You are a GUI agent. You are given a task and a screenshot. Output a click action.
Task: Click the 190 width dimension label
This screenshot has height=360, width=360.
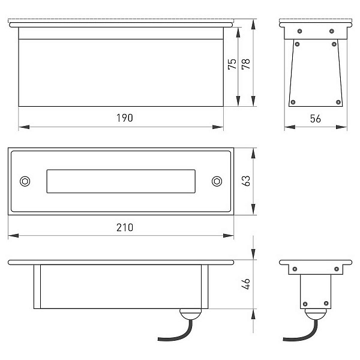(125, 118)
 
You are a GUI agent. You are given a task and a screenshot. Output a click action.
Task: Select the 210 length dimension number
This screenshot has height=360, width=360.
(125, 227)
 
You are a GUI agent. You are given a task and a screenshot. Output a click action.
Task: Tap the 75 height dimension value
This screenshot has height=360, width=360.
(232, 64)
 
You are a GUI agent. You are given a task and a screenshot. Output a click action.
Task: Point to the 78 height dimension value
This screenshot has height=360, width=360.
(246, 64)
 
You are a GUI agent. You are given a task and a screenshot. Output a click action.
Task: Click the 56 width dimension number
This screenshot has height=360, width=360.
(316, 119)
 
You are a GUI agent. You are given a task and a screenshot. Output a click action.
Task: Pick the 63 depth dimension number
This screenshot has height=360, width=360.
(246, 181)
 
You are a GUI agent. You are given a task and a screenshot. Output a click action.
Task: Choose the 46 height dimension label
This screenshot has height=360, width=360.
(246, 284)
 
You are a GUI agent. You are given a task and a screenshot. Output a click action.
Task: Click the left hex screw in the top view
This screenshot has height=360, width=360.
(25, 181)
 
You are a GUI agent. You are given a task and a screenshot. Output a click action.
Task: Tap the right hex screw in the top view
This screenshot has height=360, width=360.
(217, 181)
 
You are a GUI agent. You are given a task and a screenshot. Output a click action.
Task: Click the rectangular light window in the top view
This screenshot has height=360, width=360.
(121, 181)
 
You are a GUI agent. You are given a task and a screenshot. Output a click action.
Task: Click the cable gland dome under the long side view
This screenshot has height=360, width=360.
(190, 314)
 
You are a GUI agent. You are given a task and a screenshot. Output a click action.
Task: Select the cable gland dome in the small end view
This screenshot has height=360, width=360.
(316, 314)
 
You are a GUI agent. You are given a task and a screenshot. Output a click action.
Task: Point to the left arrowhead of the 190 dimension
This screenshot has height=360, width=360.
(24, 127)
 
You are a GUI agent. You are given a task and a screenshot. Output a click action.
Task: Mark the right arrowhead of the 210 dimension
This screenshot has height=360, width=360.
(229, 236)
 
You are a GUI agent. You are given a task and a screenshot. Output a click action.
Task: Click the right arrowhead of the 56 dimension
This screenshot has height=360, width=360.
(341, 127)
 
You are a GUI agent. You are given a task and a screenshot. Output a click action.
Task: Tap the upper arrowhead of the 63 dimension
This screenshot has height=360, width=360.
(253, 154)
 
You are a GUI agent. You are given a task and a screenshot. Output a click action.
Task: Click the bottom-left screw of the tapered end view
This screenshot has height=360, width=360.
(293, 102)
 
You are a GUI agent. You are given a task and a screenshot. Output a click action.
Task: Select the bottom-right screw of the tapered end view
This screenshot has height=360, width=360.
(338, 102)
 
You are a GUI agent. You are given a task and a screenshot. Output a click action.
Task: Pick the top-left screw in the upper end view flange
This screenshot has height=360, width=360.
(299, 31)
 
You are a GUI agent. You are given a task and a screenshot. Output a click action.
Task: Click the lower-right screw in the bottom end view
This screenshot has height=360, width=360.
(326, 304)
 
